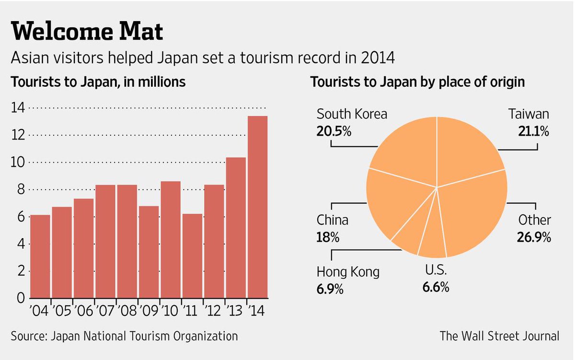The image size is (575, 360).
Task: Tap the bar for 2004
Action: [x=40, y=256]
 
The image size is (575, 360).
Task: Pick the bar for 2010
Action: [x=171, y=240]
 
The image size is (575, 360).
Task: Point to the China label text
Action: [x=333, y=220]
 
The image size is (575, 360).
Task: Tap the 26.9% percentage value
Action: [x=533, y=236]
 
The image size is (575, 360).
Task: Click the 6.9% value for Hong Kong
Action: [x=330, y=289]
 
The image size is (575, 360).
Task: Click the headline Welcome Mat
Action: [x=87, y=33]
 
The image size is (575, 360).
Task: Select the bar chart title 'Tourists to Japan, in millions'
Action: [x=98, y=82]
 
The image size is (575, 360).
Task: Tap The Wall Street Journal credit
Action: [x=499, y=336]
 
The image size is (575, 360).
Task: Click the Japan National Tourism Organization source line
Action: [x=125, y=336]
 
